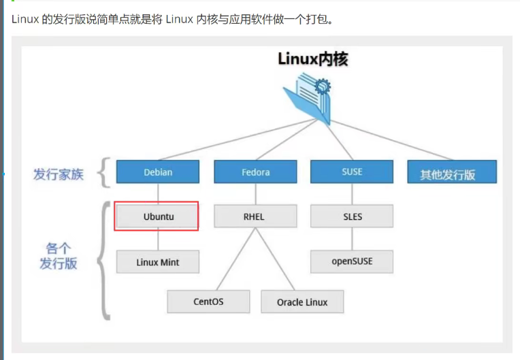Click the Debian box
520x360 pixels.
157,172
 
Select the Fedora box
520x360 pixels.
255,172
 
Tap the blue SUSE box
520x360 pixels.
352,172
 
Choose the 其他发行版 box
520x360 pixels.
448,174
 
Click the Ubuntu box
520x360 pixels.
157,216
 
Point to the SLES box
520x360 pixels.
352,216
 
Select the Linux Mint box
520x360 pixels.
157,261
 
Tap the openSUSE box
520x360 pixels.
352,261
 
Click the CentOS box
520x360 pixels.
208,301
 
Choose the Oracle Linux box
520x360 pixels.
302,301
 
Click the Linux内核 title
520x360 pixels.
312,59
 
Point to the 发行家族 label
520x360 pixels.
59,174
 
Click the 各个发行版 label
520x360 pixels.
59,256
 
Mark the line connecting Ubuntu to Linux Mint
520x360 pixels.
158,239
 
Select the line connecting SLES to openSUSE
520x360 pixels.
352,239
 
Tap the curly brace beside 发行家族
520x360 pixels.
103,172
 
